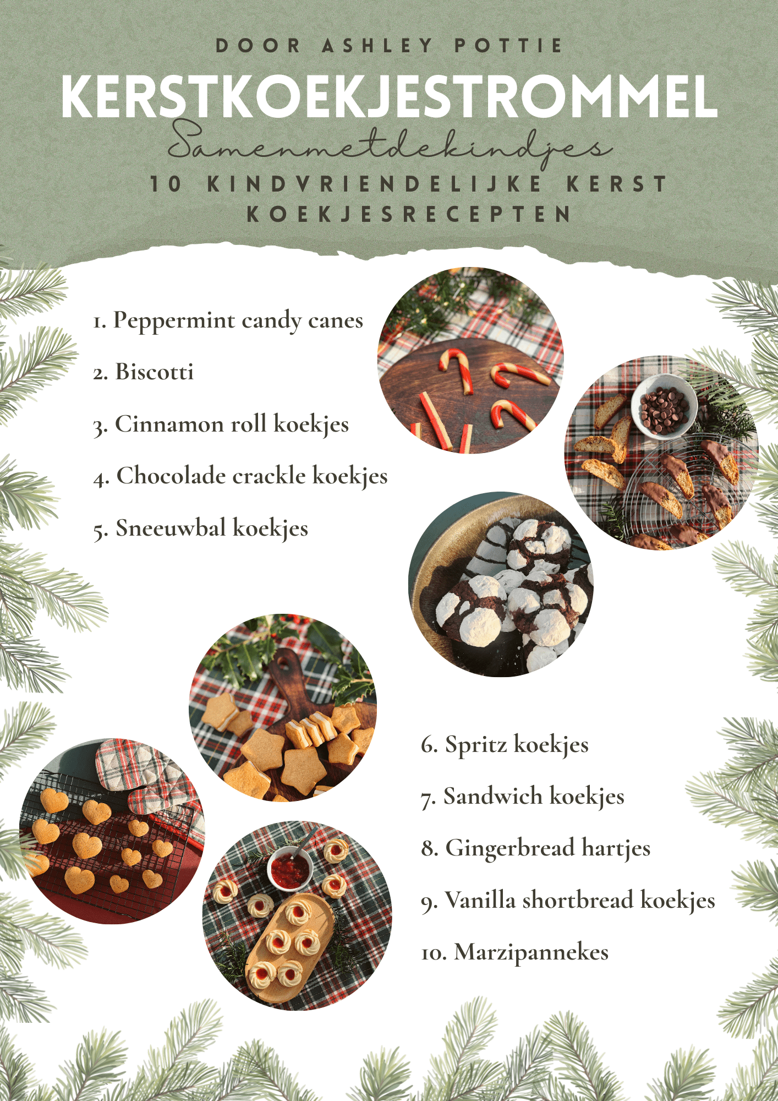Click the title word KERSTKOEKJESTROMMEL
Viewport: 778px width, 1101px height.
point(389,96)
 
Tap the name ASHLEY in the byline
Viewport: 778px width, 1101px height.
point(377,46)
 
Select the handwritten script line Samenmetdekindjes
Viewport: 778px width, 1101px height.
point(389,145)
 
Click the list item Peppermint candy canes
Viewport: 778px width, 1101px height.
point(228,321)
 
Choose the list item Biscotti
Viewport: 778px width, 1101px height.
point(144,372)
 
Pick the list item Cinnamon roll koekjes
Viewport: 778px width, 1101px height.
point(221,424)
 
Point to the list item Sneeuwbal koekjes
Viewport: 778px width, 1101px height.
point(201,528)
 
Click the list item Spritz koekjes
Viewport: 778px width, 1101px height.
point(505,745)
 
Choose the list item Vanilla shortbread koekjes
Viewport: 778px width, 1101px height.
point(568,901)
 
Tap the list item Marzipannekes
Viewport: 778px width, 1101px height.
point(515,952)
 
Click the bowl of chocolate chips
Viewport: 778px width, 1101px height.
point(664,406)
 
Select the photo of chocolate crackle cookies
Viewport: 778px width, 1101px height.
point(501,585)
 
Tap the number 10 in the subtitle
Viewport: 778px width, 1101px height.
point(165,184)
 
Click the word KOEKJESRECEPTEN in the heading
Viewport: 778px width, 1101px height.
point(408,214)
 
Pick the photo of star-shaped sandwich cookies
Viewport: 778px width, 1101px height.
point(283,708)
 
